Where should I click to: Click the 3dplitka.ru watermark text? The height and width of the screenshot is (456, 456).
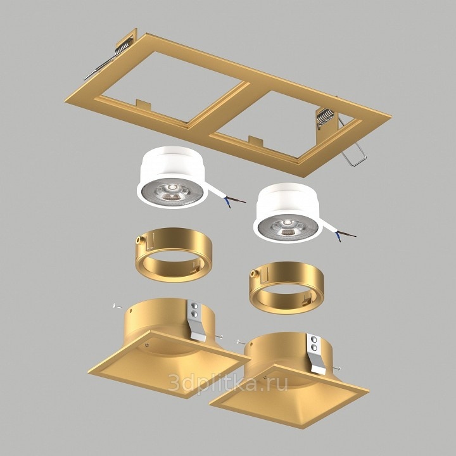(x=228, y=381)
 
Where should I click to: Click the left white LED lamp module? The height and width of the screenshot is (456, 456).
(x=172, y=177)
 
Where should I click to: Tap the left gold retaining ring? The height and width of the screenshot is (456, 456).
(x=174, y=255)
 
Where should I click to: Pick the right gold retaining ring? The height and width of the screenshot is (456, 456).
(x=286, y=288)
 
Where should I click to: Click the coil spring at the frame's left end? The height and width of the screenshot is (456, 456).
(x=123, y=46)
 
